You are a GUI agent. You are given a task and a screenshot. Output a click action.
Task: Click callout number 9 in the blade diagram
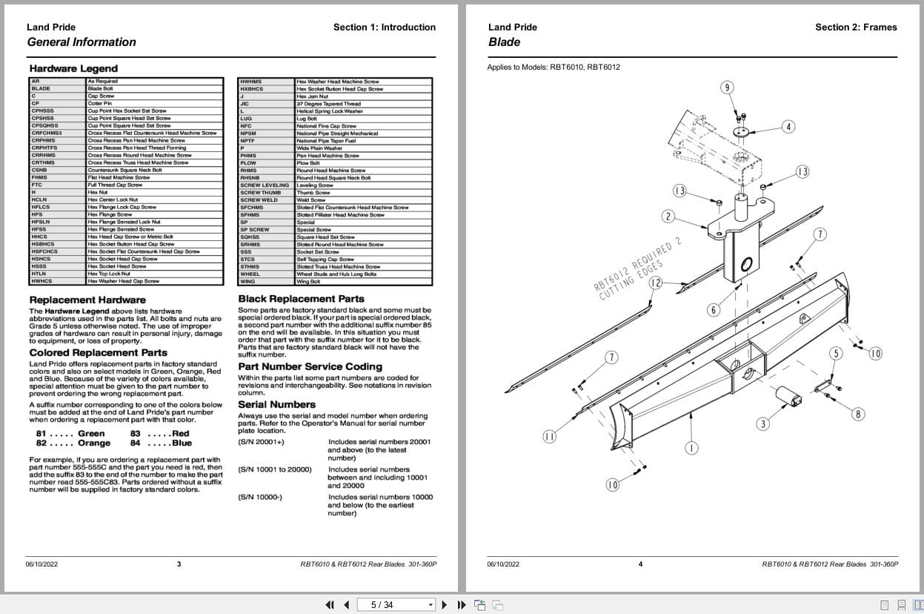(727, 88)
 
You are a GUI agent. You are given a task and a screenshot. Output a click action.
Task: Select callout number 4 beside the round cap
(788, 127)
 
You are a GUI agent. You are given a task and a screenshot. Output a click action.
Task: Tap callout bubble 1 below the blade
(691, 448)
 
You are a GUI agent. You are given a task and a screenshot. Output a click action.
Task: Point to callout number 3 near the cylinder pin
(762, 424)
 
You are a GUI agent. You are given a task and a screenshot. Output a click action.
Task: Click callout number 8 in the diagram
(858, 414)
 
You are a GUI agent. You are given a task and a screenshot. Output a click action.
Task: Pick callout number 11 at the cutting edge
(549, 436)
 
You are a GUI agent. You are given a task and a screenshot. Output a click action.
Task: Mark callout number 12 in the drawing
(655, 283)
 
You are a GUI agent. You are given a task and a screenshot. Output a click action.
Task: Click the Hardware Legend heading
(73, 69)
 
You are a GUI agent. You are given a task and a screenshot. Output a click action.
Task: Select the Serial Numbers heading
(276, 404)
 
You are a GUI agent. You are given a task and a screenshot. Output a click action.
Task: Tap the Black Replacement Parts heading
(301, 299)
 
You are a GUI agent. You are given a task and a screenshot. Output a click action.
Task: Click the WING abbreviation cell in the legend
(247, 282)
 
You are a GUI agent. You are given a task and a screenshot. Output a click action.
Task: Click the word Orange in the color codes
(94, 443)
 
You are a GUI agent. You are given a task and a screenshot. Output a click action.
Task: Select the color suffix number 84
(136, 443)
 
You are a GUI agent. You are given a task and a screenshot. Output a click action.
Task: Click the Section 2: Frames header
(856, 27)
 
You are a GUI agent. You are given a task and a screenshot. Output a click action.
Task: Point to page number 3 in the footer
(179, 564)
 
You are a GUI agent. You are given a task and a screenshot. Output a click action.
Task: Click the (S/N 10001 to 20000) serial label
(275, 469)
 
